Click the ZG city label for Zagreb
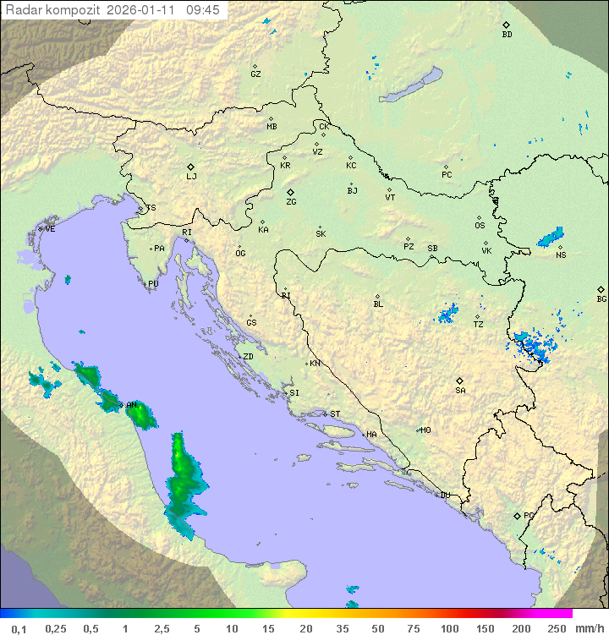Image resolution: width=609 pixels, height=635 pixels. coord(291,202)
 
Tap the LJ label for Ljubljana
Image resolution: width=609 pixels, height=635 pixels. coord(191,177)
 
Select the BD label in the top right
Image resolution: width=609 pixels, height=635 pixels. coord(507,35)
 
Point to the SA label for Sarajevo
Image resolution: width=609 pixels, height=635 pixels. coord(460,391)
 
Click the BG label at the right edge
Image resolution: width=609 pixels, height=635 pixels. coord(601,298)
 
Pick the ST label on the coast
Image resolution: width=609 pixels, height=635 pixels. coord(335,414)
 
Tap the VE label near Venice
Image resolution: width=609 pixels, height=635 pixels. coord(50,229)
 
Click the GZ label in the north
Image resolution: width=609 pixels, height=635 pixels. coord(255,74)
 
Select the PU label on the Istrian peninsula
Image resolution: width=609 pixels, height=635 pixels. coord(153,284)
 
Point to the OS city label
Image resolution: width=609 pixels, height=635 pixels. coord(480,226)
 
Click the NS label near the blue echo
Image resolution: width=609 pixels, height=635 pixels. coord(561,255)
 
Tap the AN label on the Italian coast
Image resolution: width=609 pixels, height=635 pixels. coord(131,406)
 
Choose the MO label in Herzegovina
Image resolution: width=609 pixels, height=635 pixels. coord(425,430)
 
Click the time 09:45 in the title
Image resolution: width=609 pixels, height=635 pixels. coord(203,10)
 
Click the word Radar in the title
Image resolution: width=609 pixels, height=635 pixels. coord(22,10)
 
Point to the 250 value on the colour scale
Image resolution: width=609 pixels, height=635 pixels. coord(556,628)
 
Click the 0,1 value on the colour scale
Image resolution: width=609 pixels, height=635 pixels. coord(19,628)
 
